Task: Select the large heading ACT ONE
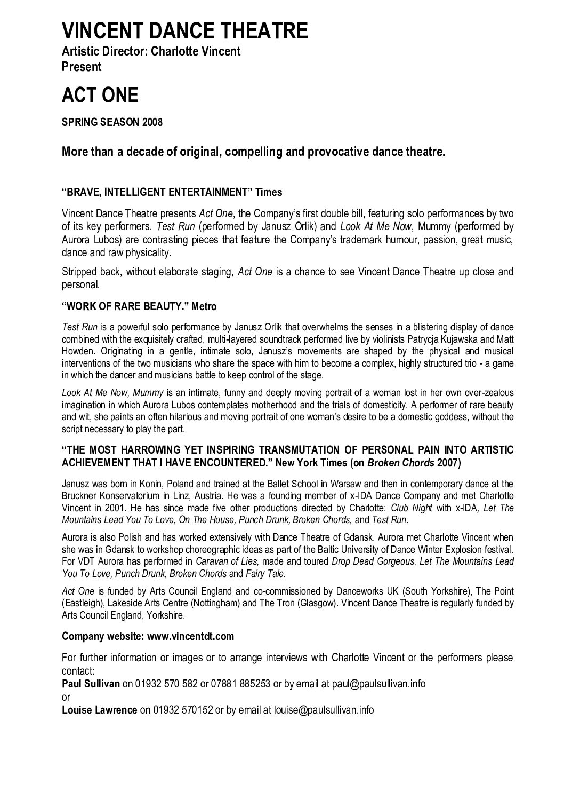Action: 100,95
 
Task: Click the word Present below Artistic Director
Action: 82,67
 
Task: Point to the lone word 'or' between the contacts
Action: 66,697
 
